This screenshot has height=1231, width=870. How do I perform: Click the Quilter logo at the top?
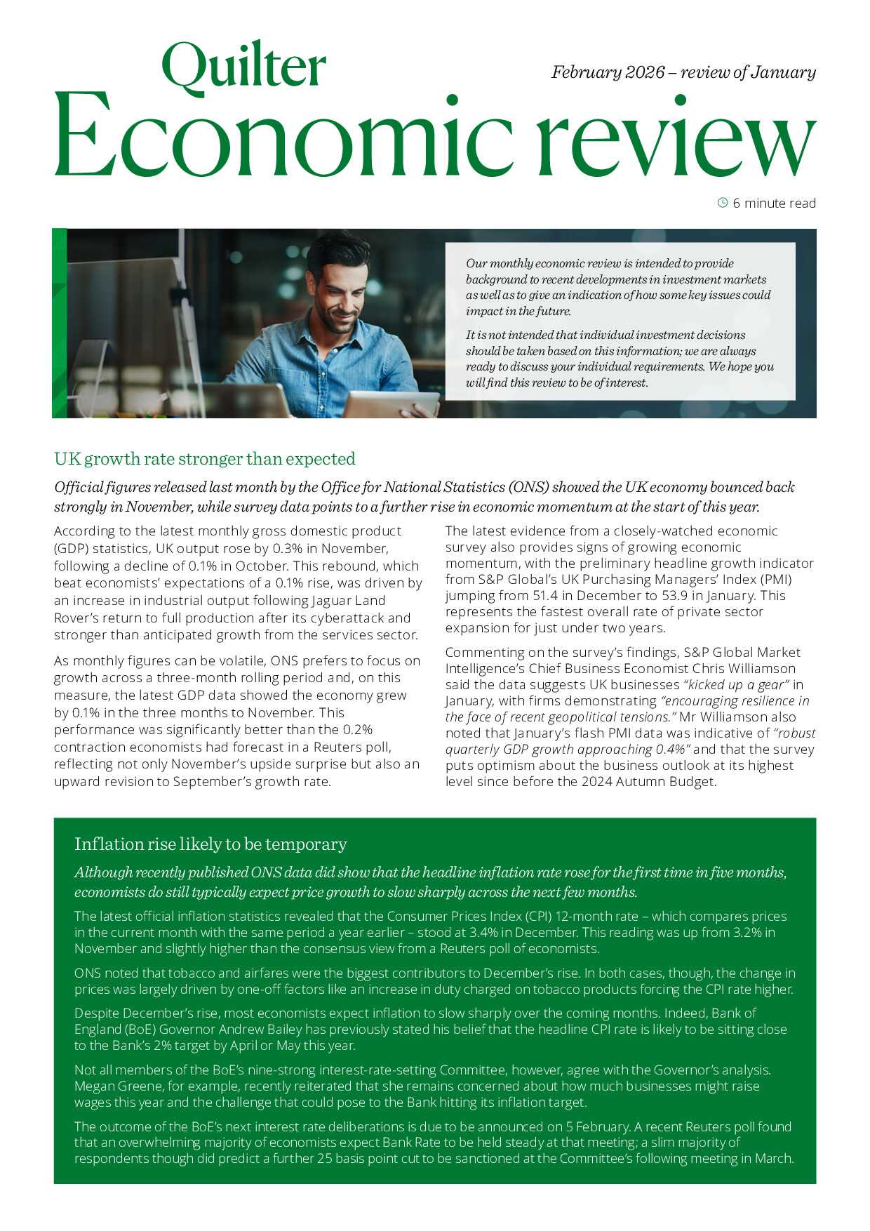pos(243,67)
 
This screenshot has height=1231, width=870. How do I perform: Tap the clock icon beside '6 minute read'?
pos(723,203)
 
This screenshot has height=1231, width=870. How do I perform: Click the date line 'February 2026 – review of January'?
pos(683,72)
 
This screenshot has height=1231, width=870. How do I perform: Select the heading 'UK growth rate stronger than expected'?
pos(205,459)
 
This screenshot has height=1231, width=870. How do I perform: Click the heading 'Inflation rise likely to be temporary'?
pos(210,844)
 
